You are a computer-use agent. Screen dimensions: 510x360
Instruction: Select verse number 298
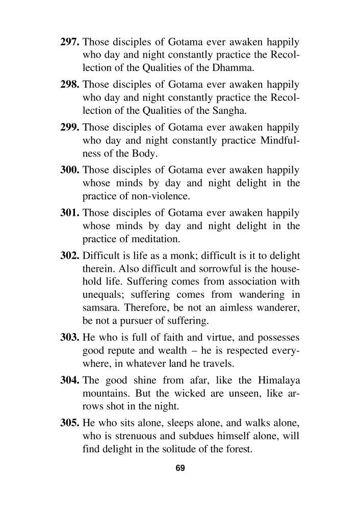(70, 84)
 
